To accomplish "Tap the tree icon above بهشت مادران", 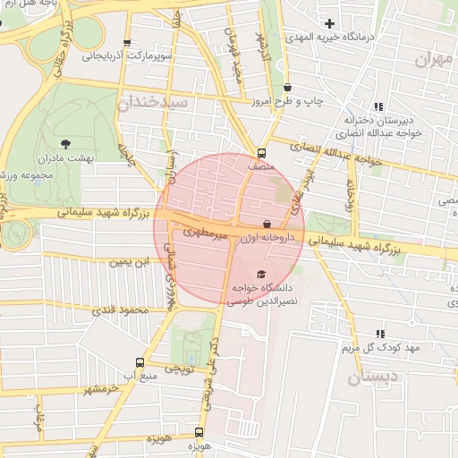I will (x=65, y=143).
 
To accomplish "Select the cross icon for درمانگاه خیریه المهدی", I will (x=330, y=23).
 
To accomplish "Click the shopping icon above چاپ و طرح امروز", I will (x=287, y=88).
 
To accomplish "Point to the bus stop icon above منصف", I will (x=261, y=152).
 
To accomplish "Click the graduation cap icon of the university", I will (x=261, y=274).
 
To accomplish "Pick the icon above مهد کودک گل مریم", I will (x=379, y=333).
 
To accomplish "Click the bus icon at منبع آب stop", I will (x=139, y=361).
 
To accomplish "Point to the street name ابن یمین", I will (x=126, y=262).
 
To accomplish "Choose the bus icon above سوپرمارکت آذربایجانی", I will (x=126, y=42).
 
